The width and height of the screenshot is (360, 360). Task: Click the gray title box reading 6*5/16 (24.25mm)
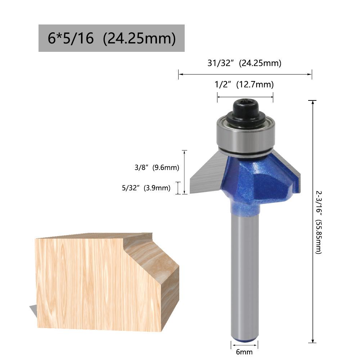tap(111, 38)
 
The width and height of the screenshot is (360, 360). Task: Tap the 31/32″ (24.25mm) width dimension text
tap(244, 63)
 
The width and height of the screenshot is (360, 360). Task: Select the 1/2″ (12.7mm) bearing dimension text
tap(244, 84)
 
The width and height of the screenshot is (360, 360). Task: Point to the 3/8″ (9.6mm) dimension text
tap(157, 167)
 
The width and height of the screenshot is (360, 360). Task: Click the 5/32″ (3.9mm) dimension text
tap(146, 188)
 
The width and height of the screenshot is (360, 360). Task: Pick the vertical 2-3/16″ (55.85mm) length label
tap(319, 222)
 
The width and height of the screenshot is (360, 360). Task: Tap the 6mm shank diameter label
tap(244, 352)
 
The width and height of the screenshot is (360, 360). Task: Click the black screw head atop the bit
tap(246, 111)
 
